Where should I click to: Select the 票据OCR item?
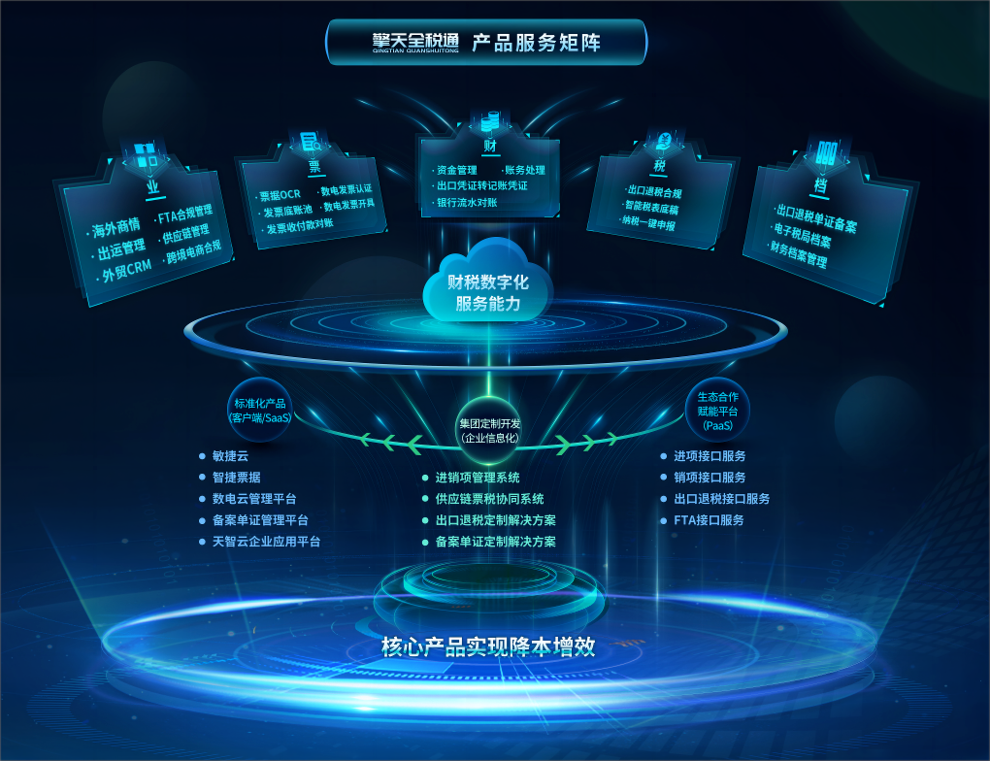(280, 195)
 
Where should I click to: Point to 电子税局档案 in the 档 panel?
(802, 242)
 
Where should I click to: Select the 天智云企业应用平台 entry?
(266, 541)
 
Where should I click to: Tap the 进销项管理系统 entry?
(477, 478)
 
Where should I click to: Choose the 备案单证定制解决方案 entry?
(495, 542)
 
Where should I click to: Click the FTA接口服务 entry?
(709, 520)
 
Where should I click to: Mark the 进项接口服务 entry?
(709, 455)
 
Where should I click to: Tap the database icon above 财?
(489, 120)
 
